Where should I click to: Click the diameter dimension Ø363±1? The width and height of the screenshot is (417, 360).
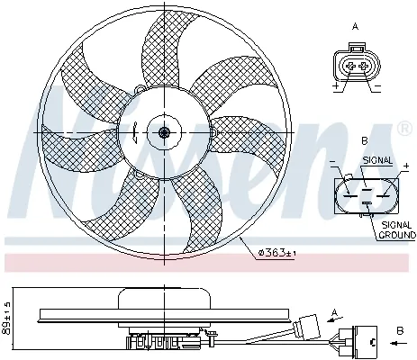pyautogui.click(x=276, y=252)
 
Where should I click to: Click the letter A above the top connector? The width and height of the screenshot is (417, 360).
pyautogui.click(x=355, y=28)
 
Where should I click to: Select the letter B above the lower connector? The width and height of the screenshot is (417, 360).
pyautogui.click(x=364, y=141)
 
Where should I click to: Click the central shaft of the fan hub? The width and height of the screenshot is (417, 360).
pyautogui.click(x=163, y=133)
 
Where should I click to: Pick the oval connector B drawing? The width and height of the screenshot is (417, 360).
pyautogui.click(x=364, y=191)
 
